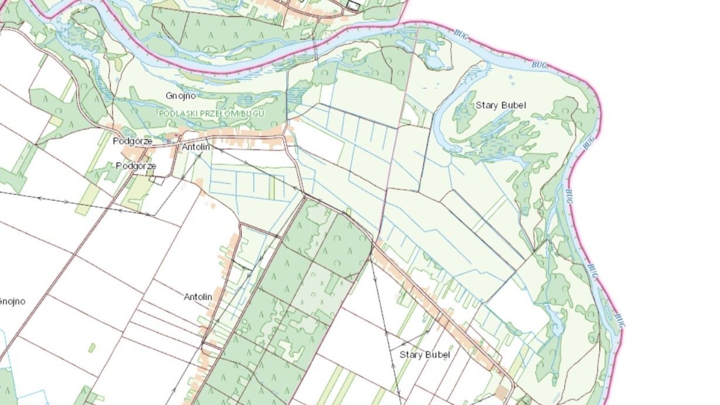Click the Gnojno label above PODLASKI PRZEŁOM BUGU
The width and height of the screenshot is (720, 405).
(x=180, y=95)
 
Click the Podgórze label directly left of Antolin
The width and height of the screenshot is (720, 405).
(x=132, y=141)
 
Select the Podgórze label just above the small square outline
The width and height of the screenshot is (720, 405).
(x=136, y=166)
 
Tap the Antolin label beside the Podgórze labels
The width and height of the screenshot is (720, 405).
(x=196, y=147)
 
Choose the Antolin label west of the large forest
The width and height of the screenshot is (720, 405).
(x=198, y=297)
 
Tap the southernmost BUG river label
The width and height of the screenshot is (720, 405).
(x=619, y=320)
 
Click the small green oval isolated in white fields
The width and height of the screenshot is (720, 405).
(x=91, y=348)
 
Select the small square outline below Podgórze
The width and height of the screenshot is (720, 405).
(x=156, y=180)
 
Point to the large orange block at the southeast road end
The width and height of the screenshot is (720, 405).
(x=502, y=391)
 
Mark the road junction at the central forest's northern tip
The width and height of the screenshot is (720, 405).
(x=304, y=196)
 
